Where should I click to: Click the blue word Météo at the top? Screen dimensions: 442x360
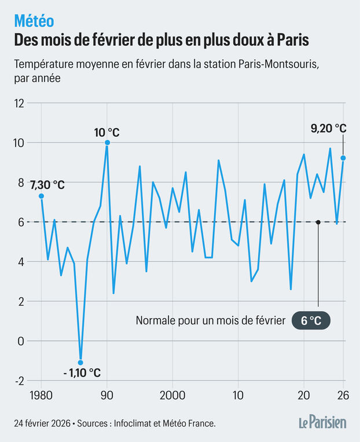pos(34,21)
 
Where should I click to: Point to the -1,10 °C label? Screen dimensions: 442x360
pos(80,372)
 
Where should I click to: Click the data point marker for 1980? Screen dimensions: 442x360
pos(41,196)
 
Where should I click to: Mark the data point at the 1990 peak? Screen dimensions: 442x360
pos(107,143)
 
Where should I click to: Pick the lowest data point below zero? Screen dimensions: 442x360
pos(80,362)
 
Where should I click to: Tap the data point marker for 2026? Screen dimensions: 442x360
pos(343,158)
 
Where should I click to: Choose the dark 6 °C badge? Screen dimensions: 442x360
pos(311,321)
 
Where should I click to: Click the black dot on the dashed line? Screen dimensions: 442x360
pos(318,222)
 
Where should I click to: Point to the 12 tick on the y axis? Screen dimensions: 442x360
pos(20,103)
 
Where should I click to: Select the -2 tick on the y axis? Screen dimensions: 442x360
pos(20,381)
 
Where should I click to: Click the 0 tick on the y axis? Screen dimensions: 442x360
pos(22,341)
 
